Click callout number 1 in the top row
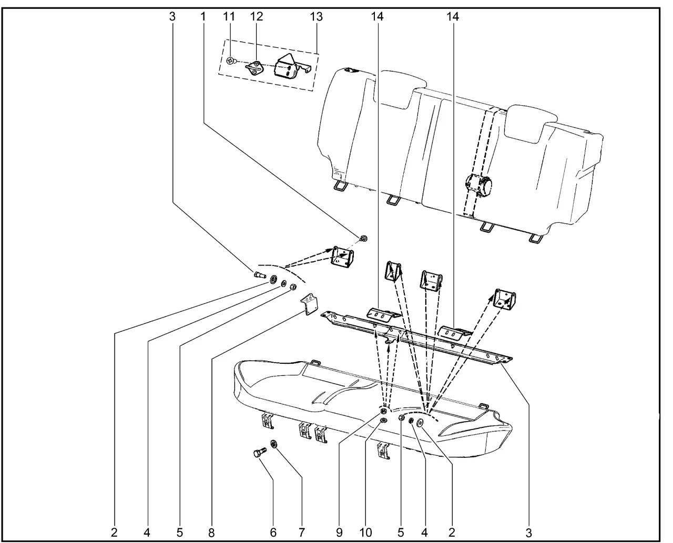pyautogui.click(x=202, y=17)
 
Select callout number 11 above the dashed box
pyautogui.click(x=228, y=17)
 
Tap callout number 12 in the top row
pyautogui.click(x=256, y=17)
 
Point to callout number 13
pyautogui.click(x=315, y=17)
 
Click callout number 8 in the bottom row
pyautogui.click(x=211, y=532)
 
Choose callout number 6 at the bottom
pyautogui.click(x=273, y=532)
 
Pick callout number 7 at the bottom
pyautogui.click(x=302, y=532)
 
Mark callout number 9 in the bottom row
pyautogui.click(x=339, y=532)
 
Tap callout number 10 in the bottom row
pyautogui.click(x=365, y=532)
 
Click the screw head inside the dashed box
pyautogui.click(x=230, y=61)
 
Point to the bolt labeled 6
pyautogui.click(x=259, y=454)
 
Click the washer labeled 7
pyautogui.click(x=274, y=445)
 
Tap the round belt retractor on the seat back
pyautogui.click(x=479, y=187)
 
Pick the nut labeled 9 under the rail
pyautogui.click(x=384, y=411)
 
